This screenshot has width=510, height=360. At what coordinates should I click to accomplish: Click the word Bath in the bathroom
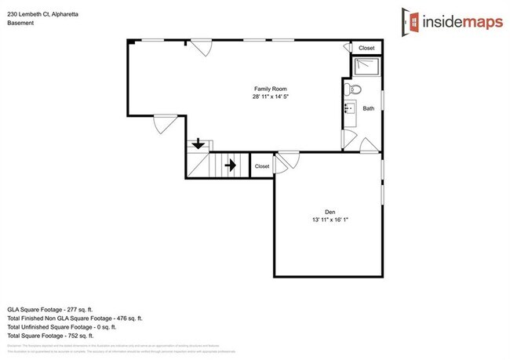coord(368,108)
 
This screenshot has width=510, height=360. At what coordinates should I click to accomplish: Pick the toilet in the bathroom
coord(353,87)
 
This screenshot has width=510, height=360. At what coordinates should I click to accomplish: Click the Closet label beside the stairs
coord(261,166)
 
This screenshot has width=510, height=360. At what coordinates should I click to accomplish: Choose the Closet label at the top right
coord(366,49)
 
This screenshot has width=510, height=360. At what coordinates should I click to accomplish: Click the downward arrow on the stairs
coord(199,144)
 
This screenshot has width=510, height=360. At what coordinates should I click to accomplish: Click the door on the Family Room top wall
coord(202,49)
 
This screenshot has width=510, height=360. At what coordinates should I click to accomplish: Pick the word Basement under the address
coord(20,24)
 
